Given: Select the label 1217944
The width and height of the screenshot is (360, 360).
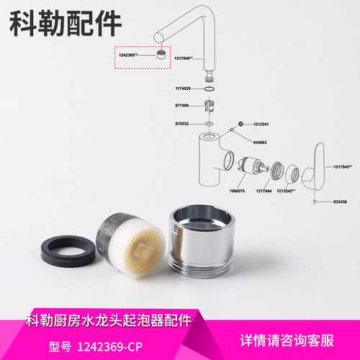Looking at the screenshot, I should [265, 191].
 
